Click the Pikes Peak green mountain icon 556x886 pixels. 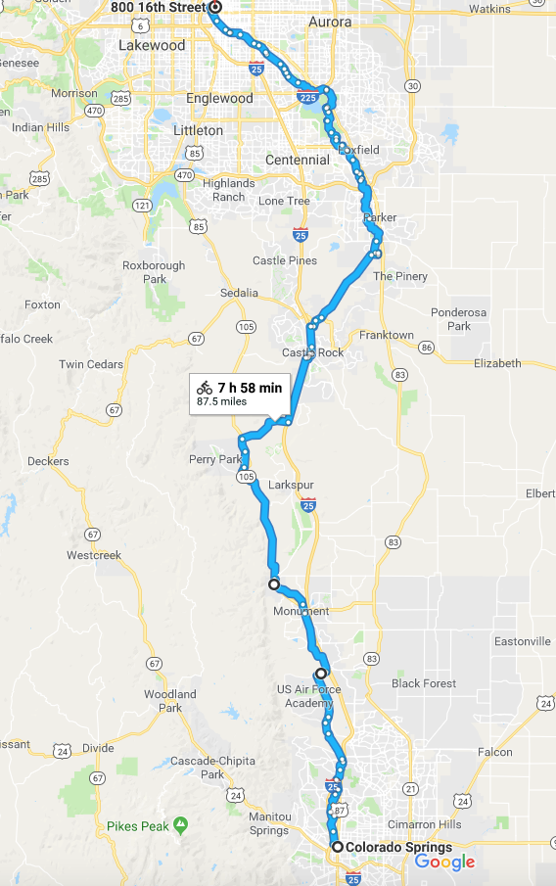coord(179,825)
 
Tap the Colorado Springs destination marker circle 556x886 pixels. coord(337,847)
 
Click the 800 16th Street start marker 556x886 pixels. coord(215,6)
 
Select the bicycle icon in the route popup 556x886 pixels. coord(205,389)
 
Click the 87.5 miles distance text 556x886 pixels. coord(222,401)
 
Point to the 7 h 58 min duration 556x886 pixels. coord(250,389)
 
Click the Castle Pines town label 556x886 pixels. coord(284,260)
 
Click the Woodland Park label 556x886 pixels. coord(171,701)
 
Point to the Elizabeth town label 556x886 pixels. coord(497,363)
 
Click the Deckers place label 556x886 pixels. coord(48,461)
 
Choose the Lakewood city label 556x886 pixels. coord(152,45)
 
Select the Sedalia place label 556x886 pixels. coord(240,293)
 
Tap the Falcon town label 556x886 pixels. coord(494,753)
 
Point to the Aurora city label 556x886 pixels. coord(329,21)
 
